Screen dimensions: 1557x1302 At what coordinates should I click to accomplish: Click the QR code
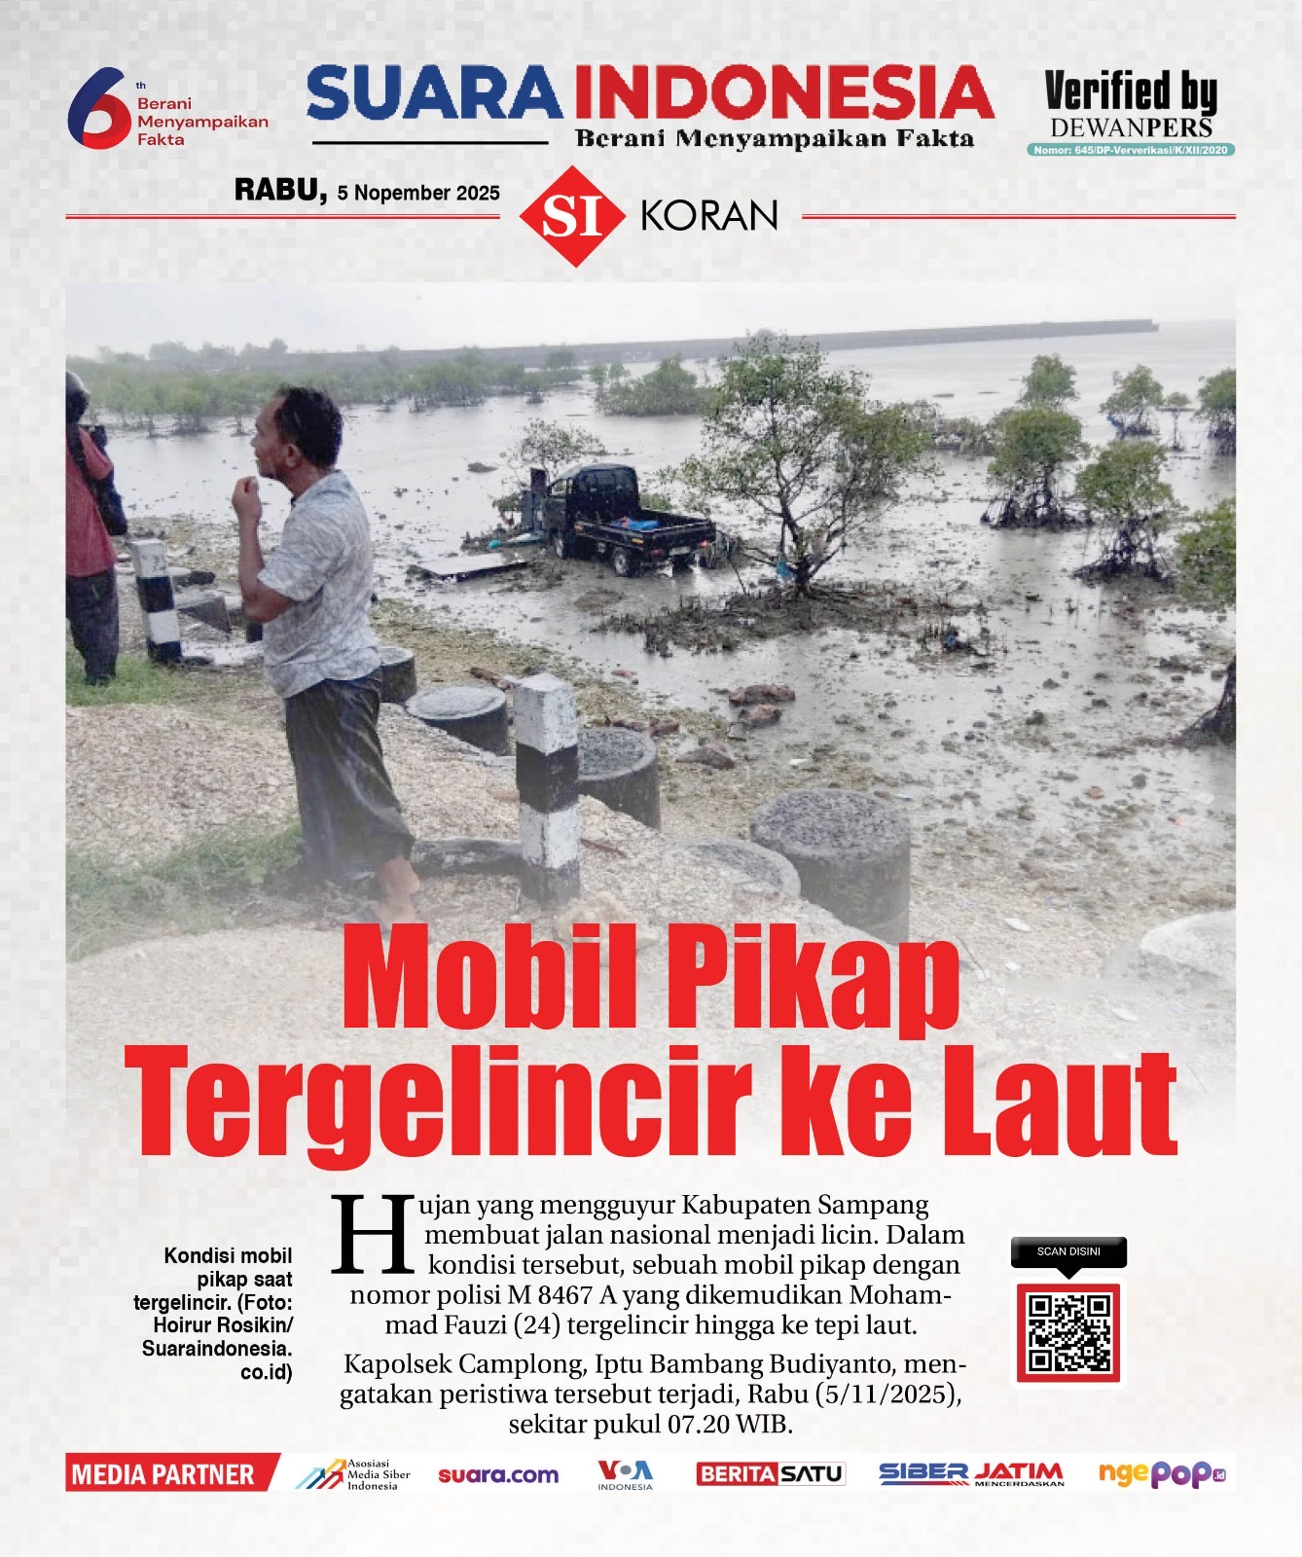tap(1068, 1332)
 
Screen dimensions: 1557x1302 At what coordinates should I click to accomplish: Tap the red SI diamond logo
tap(571, 216)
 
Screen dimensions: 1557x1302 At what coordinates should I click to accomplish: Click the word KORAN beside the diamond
tap(709, 216)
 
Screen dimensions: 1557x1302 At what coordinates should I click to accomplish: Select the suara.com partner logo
tap(498, 1475)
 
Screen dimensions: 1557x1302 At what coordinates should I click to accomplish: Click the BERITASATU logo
tap(771, 1474)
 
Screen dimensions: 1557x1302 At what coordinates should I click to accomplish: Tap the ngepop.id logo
tap(1162, 1474)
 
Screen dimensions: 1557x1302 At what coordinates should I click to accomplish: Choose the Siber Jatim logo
tap(971, 1474)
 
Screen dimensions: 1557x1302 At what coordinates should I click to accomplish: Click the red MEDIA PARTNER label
tap(163, 1475)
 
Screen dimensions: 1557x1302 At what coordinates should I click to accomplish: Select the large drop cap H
tap(369, 1234)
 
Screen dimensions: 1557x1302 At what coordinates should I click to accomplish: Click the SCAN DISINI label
tap(1068, 1251)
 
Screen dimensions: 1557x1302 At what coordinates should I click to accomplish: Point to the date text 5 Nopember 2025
tap(418, 193)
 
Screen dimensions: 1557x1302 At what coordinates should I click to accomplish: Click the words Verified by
tap(1131, 91)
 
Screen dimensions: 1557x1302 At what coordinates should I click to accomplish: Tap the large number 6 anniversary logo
tap(97, 107)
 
